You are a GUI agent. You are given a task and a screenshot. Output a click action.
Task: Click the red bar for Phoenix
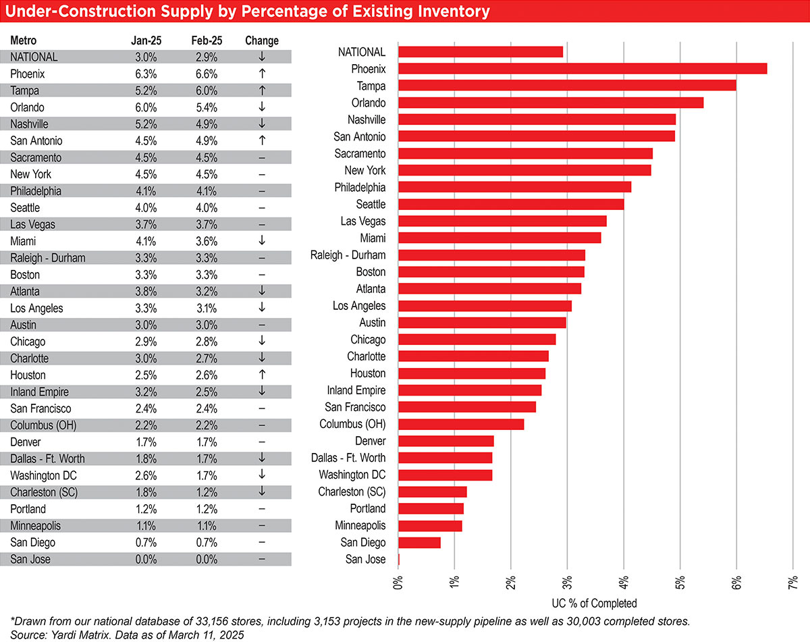[x=583, y=69]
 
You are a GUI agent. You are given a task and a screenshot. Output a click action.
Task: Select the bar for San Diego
[x=419, y=543]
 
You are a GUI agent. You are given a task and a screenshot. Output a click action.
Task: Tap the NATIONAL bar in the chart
[x=481, y=52]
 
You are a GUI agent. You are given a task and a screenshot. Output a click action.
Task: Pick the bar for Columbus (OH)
[x=461, y=424]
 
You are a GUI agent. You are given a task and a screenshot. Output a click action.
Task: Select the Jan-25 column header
[x=144, y=41]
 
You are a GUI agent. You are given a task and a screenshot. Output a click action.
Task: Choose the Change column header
[x=262, y=41]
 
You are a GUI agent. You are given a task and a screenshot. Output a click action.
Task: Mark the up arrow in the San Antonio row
[x=262, y=141]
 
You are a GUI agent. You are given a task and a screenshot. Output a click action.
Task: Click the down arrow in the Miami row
[x=262, y=241]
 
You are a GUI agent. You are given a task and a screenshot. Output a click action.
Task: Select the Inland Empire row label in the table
[x=40, y=392]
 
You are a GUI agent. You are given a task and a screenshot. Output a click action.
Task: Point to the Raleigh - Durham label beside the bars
[x=348, y=255]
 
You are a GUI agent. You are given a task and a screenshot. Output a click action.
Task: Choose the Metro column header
[x=24, y=41]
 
